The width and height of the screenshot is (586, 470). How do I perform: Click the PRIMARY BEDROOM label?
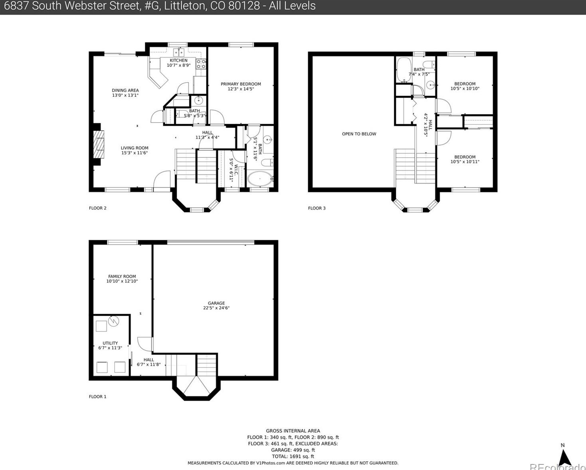coord(241,84)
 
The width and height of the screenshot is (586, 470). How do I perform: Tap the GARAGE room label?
coord(216,303)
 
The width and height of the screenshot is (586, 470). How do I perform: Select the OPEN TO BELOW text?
coord(359,134)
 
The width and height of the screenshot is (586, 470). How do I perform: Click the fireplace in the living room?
coord(98,144)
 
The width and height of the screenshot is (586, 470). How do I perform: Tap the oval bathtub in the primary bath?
coord(260,179)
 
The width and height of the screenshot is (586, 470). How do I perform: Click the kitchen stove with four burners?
coord(201,64)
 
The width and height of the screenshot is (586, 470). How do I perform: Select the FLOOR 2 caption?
coord(98,208)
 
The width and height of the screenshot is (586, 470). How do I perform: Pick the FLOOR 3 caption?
coord(317,208)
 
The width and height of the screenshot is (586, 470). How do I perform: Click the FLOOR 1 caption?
coord(98,396)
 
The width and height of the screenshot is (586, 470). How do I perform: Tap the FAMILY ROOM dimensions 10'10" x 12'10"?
coord(122,281)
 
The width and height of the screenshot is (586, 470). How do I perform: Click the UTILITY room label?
coord(110,343)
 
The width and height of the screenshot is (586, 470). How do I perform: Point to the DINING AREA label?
coord(125,90)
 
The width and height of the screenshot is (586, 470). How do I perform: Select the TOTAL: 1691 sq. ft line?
coord(293,456)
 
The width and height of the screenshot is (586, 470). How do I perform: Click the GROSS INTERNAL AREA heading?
coord(293,431)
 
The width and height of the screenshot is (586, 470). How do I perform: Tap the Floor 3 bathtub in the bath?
coord(403,70)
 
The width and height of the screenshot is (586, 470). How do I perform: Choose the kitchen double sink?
coord(179,52)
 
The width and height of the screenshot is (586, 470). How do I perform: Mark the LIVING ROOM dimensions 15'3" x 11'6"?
coord(134,153)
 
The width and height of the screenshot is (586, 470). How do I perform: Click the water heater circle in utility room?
coord(114,321)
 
